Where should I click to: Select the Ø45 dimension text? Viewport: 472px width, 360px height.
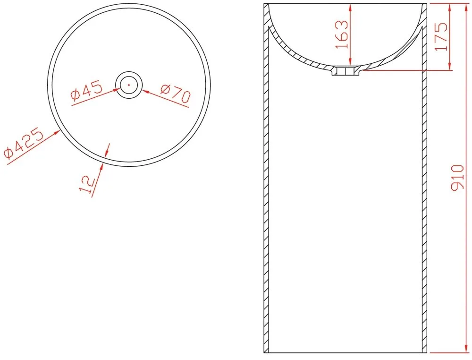87,91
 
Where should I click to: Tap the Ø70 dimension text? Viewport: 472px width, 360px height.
176,94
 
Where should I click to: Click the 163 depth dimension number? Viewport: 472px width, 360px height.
342,34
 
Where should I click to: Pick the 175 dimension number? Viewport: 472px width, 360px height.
441,36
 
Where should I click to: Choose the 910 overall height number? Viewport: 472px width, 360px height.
457,178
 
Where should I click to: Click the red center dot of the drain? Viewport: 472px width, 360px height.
129,85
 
